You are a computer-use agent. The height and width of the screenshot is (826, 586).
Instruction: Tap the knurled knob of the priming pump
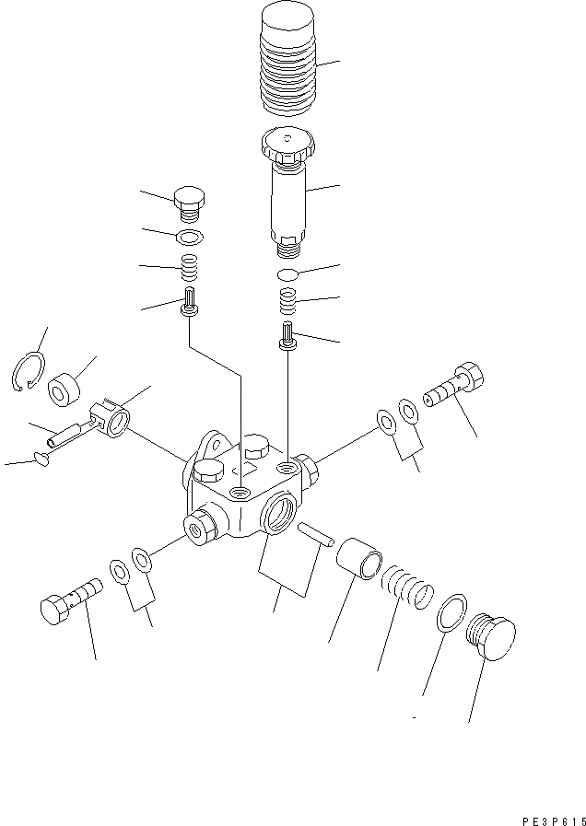287,145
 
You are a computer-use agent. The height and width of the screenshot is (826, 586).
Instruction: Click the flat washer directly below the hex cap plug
189,238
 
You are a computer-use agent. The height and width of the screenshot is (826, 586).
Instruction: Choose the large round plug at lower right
490,636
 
